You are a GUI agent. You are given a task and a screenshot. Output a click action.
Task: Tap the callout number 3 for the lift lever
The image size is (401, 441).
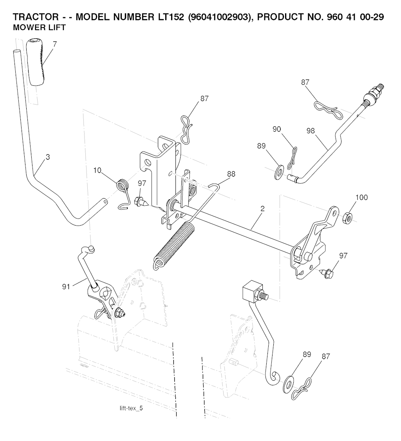click(47, 157)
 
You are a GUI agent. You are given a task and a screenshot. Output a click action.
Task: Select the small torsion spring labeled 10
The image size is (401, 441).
click(123, 184)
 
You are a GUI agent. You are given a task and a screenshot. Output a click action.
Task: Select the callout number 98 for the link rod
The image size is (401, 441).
click(311, 131)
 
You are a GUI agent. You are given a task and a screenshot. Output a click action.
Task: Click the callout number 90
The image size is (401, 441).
click(277, 130)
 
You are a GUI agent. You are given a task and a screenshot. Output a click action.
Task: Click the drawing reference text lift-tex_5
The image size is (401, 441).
click(132, 408)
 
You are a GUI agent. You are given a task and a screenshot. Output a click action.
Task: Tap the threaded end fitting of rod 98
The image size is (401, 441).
click(375, 94)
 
